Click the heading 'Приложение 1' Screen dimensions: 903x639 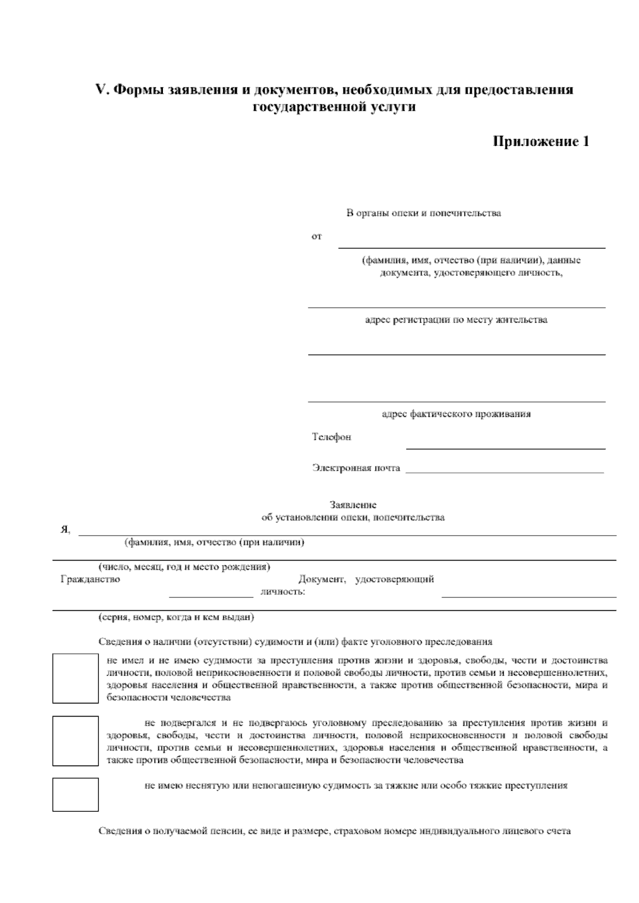click(540, 142)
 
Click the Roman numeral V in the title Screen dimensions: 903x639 click(99, 89)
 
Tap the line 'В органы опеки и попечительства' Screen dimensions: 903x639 click(423, 214)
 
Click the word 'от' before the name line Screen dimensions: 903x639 click(316, 236)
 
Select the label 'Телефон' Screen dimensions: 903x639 click(331, 437)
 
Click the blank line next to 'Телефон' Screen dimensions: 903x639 click(505, 447)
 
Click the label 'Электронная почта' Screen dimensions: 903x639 click(356, 469)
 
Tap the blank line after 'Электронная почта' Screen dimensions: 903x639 click(504, 471)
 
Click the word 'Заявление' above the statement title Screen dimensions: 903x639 click(353, 505)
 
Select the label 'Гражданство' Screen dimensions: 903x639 click(90, 579)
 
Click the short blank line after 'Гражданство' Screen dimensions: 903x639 click(211, 596)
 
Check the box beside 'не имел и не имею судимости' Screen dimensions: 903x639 click(75, 678)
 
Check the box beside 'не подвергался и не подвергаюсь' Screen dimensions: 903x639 click(75, 741)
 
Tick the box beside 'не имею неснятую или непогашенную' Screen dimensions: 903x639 click(75, 794)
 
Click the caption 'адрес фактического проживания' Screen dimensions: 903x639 click(456, 414)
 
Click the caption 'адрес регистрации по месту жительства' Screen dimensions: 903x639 click(456, 320)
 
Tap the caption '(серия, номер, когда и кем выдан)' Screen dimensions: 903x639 click(176, 618)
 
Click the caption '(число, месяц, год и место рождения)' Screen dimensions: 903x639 click(184, 567)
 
